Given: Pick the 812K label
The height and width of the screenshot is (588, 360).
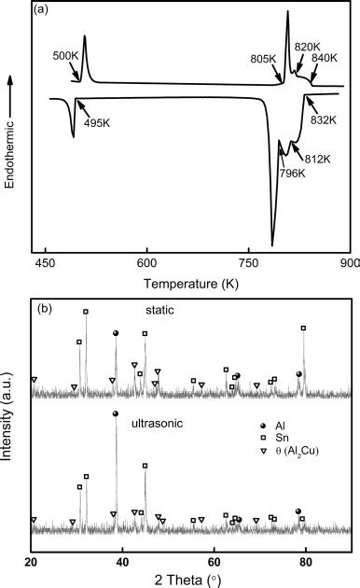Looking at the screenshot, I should click(316, 158).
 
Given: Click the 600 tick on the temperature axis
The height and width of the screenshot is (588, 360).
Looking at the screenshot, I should click(146, 262).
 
